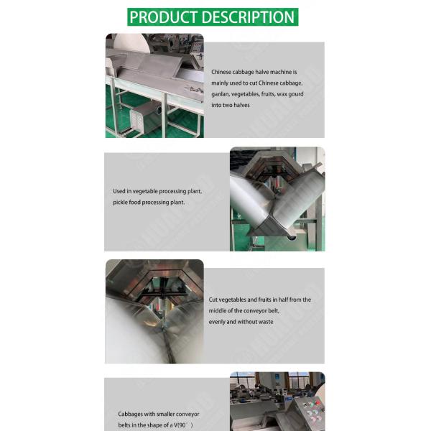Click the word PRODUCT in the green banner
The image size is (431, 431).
point(164,17)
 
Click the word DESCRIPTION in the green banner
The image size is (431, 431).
point(249,17)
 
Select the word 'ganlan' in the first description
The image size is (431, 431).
point(220,94)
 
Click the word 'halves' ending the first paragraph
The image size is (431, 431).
point(241,105)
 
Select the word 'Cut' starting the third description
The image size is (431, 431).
point(213,300)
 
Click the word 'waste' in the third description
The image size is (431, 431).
point(266,322)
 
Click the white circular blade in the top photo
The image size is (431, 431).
point(131,43)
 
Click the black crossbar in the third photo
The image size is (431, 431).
point(164,294)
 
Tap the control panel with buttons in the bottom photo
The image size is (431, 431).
point(307,413)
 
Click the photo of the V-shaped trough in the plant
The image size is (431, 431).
point(277,199)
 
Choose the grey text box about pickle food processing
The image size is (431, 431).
point(167,202)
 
